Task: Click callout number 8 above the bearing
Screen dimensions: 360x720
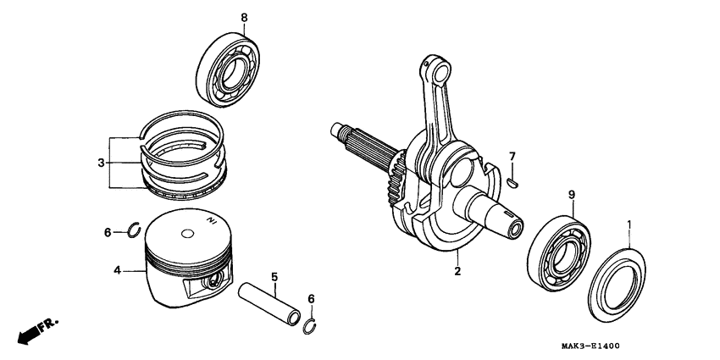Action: pyautogui.click(x=220, y=18)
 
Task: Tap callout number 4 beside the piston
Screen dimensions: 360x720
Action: pyautogui.click(x=117, y=271)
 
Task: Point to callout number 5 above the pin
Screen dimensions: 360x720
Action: pyautogui.click(x=274, y=276)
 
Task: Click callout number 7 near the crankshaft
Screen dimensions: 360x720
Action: pyautogui.click(x=512, y=156)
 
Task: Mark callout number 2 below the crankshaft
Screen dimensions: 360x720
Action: pyautogui.click(x=457, y=272)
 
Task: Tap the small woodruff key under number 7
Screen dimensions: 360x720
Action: pyautogui.click(x=513, y=180)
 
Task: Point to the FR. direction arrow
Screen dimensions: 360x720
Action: pyautogui.click(x=36, y=330)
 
